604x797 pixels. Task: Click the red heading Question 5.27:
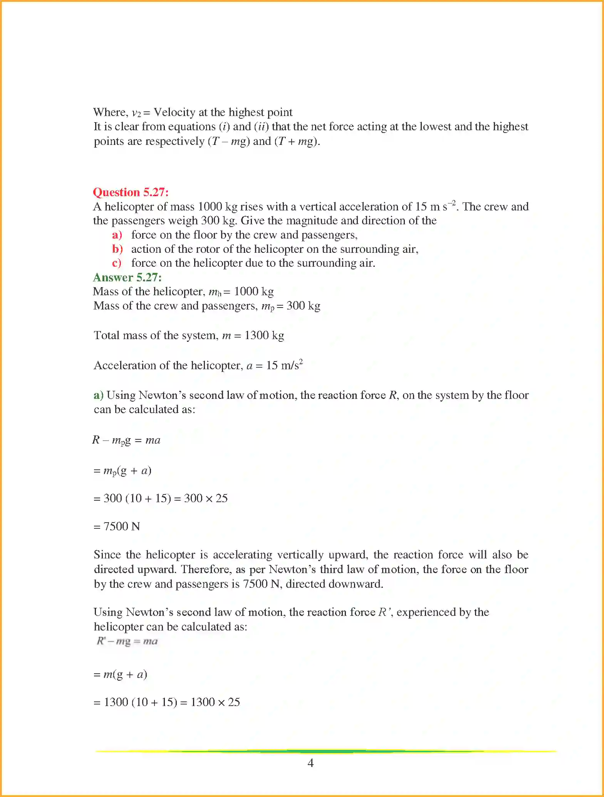pyautogui.click(x=131, y=192)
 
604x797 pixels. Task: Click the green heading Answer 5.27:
pyautogui.click(x=127, y=277)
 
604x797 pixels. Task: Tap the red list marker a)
pyautogui.click(x=117, y=235)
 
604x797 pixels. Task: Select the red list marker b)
pyautogui.click(x=117, y=249)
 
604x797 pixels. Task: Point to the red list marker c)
pyautogui.click(x=117, y=263)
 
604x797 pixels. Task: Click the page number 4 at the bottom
pyautogui.click(x=310, y=763)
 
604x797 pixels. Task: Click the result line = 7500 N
pyautogui.click(x=117, y=526)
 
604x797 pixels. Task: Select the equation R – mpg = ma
pyautogui.click(x=126, y=440)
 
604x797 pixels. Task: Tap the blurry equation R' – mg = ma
pyautogui.click(x=127, y=641)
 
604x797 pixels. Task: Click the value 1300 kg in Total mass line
pyautogui.click(x=264, y=335)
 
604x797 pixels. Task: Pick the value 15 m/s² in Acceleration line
pyautogui.click(x=284, y=365)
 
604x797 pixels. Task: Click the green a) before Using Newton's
pyautogui.click(x=98, y=395)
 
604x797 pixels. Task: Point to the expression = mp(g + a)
pyautogui.click(x=122, y=471)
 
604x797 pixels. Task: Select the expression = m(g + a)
pyautogui.click(x=120, y=674)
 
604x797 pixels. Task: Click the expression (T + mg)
pyautogui.click(x=296, y=141)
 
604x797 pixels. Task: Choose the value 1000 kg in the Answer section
pyautogui.click(x=254, y=291)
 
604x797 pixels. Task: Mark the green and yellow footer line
pyautogui.click(x=325, y=751)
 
